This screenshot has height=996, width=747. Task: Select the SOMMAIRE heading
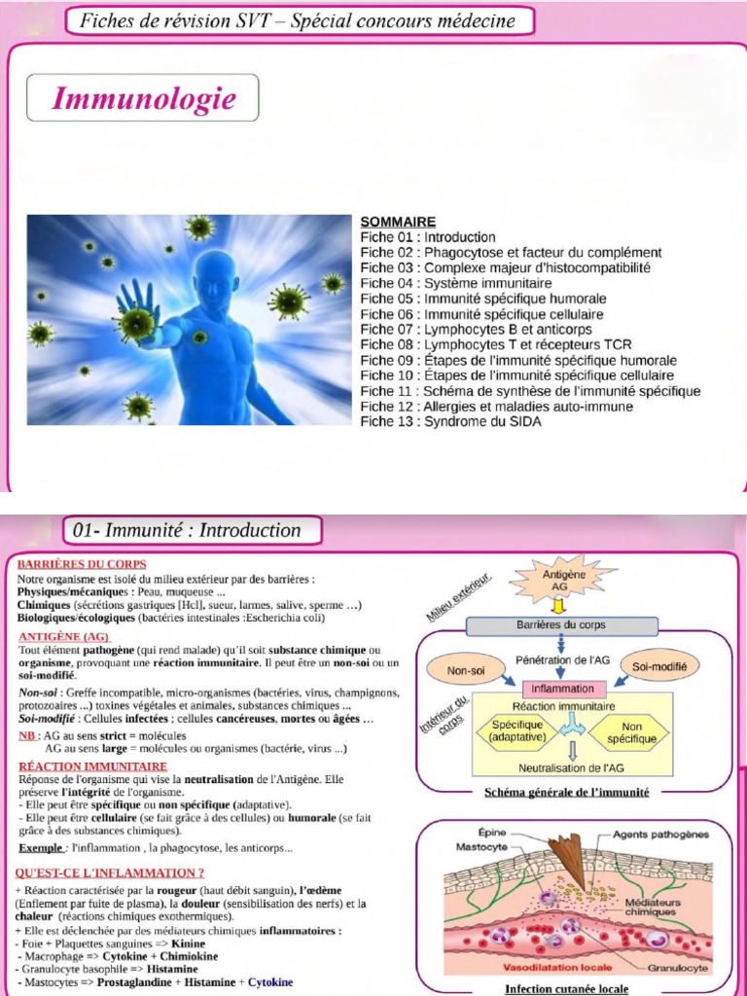398,222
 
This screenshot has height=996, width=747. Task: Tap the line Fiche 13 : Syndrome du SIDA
450,422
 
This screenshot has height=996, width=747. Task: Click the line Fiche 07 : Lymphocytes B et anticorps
476,330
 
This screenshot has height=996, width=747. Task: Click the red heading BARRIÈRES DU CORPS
83,564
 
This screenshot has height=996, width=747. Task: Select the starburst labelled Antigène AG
562,581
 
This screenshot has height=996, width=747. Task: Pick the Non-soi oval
466,670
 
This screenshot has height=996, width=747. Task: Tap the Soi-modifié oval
659,667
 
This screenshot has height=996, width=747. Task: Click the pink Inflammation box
563,689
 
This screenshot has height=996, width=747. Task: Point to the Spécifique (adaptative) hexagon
516,730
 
